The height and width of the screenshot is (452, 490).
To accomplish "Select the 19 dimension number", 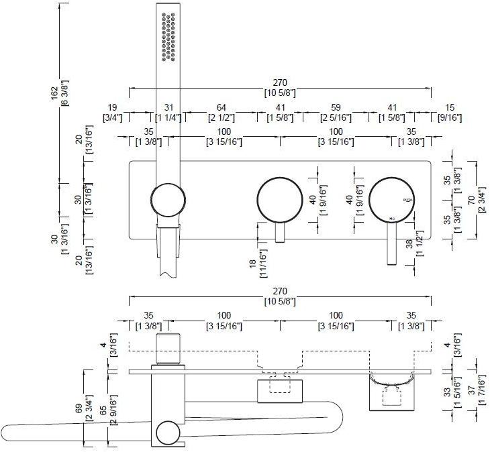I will coord(111,107).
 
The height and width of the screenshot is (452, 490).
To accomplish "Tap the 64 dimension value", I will coord(221,107).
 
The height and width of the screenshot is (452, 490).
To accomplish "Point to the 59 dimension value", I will coord(336,107).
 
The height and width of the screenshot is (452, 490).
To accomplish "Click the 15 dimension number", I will coord(449,107).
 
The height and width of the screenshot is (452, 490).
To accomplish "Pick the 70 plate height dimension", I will coord(473,199).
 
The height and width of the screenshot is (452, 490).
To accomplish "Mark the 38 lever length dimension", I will coord(410,245).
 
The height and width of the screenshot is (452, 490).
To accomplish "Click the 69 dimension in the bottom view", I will coord(79,408).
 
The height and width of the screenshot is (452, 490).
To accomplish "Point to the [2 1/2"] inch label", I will coord(221,118).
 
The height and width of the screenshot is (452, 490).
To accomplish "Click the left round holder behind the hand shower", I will coord(167,200).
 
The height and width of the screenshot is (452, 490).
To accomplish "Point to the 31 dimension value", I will coord(168,107).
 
